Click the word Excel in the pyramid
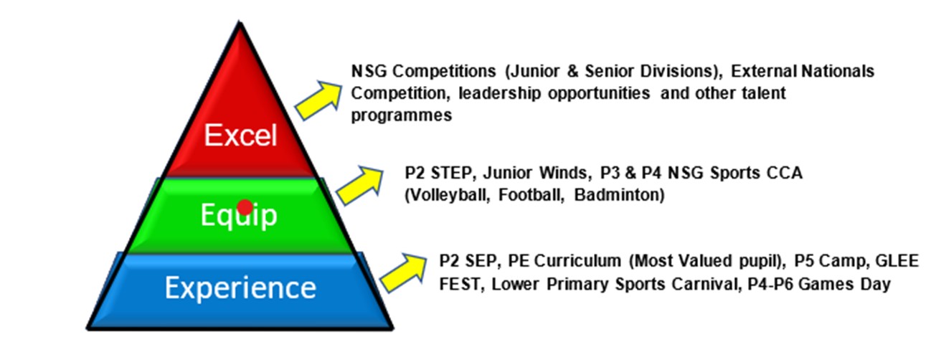pyautogui.click(x=240, y=135)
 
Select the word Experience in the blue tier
pyautogui.click(x=240, y=288)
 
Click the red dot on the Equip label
pyautogui.click(x=245, y=207)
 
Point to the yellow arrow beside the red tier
pyautogui.click(x=318, y=100)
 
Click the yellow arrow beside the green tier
pyautogui.click(x=360, y=186)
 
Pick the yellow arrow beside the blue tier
pyautogui.click(x=404, y=273)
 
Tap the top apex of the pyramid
pyautogui.click(x=240, y=22)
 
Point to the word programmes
pyautogui.click(x=402, y=115)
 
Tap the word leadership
pyautogui.click(x=499, y=93)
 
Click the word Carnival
pyautogui.click(x=707, y=285)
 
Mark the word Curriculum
pyautogui.click(x=577, y=261)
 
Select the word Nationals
pyautogui.click(x=838, y=71)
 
